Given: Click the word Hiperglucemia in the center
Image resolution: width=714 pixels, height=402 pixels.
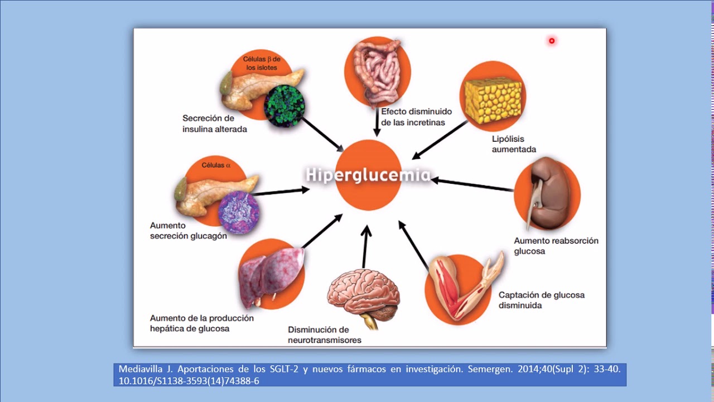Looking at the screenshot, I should tap(368, 175).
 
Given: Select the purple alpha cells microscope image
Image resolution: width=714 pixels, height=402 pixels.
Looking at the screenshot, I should tap(238, 212).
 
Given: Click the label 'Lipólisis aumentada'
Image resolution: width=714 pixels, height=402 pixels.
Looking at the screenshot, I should tap(514, 144).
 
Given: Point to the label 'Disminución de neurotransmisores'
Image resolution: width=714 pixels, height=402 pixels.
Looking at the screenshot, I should tap(324, 334).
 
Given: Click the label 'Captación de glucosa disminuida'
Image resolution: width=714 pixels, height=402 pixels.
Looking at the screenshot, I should tap(541, 300).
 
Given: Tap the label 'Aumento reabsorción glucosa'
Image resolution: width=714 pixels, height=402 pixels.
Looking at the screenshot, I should tap(556, 246).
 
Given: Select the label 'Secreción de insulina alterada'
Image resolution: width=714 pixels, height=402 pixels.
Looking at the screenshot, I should tap(214, 123).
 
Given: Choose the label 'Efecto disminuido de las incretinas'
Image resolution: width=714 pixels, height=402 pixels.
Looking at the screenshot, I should tap(416, 117).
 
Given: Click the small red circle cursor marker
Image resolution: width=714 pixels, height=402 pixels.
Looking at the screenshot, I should tap(552, 41).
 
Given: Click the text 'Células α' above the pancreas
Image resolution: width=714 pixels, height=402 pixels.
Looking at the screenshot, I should tap(216, 165).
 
